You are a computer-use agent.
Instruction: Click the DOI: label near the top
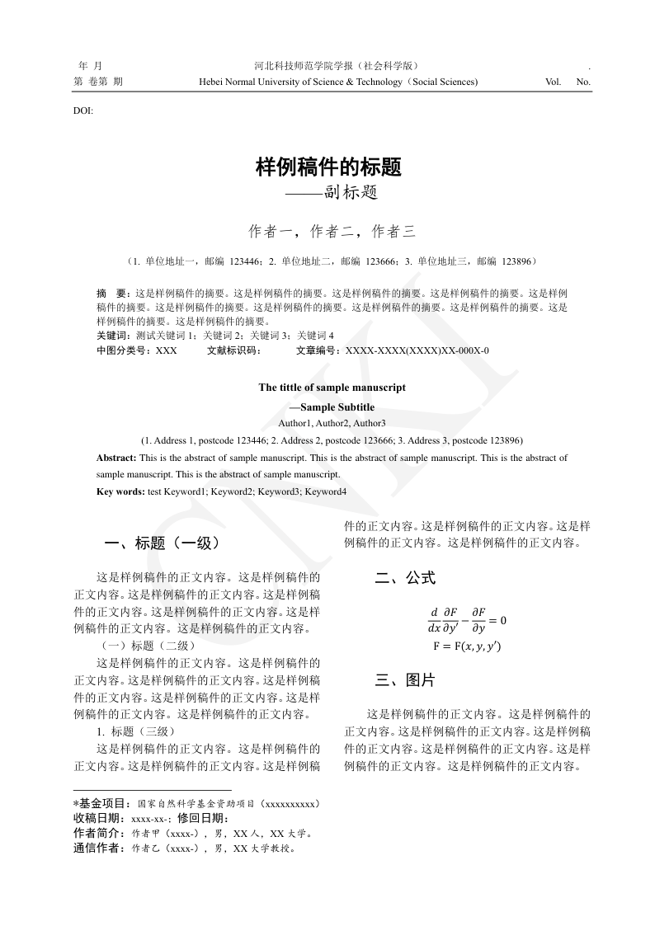[x=83, y=110]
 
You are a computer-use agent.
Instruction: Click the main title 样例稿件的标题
[x=328, y=167]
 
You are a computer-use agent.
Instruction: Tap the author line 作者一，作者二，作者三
[x=332, y=232]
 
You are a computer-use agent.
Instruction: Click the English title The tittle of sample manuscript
[x=332, y=388]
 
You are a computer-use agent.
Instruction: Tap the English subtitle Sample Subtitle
[x=337, y=407]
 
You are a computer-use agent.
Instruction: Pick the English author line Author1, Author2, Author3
[x=332, y=423]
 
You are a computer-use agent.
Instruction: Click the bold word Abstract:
[x=116, y=458]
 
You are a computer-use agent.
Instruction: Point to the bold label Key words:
[x=120, y=491]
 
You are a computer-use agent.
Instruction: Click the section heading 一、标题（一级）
[x=162, y=543]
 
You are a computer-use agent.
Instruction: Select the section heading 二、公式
[x=404, y=578]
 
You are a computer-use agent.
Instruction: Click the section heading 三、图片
[x=404, y=680]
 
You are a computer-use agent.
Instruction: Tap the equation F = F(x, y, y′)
[x=466, y=646]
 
